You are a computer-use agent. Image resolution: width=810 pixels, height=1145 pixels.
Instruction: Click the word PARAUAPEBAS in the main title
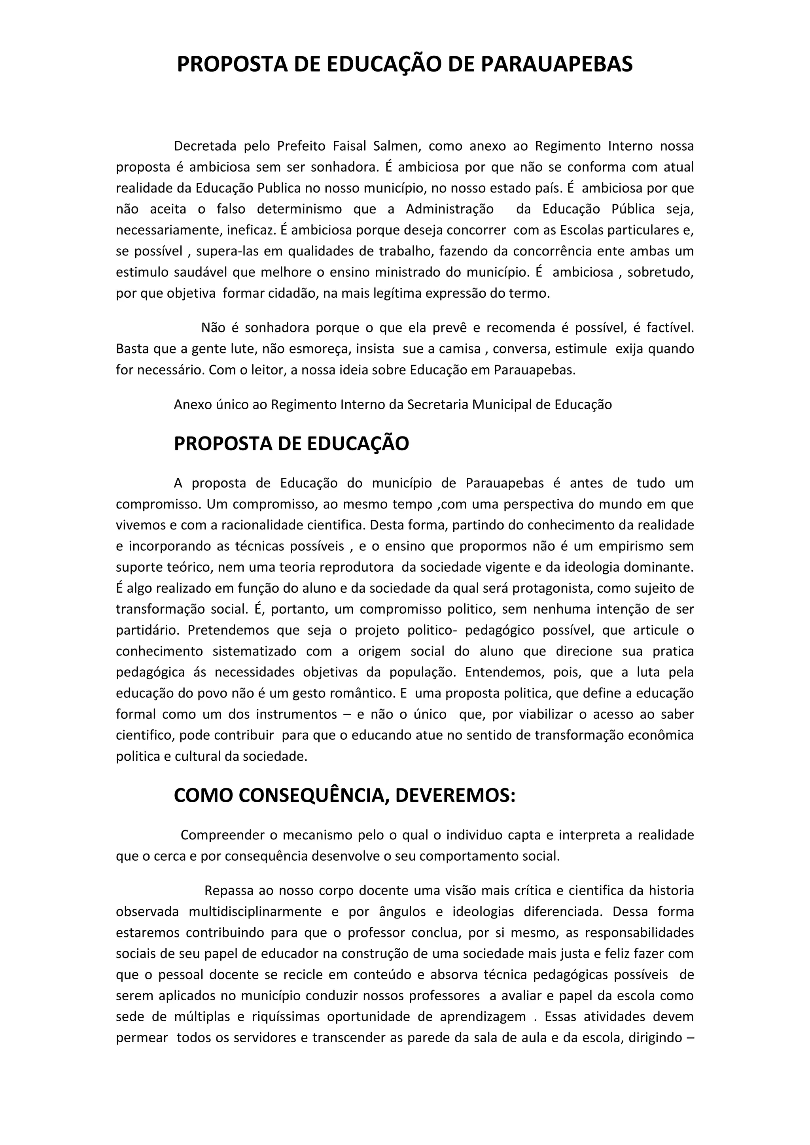556,65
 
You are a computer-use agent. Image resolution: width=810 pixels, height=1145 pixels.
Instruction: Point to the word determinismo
299,209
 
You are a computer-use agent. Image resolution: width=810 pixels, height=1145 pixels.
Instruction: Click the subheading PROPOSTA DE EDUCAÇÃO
291,444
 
